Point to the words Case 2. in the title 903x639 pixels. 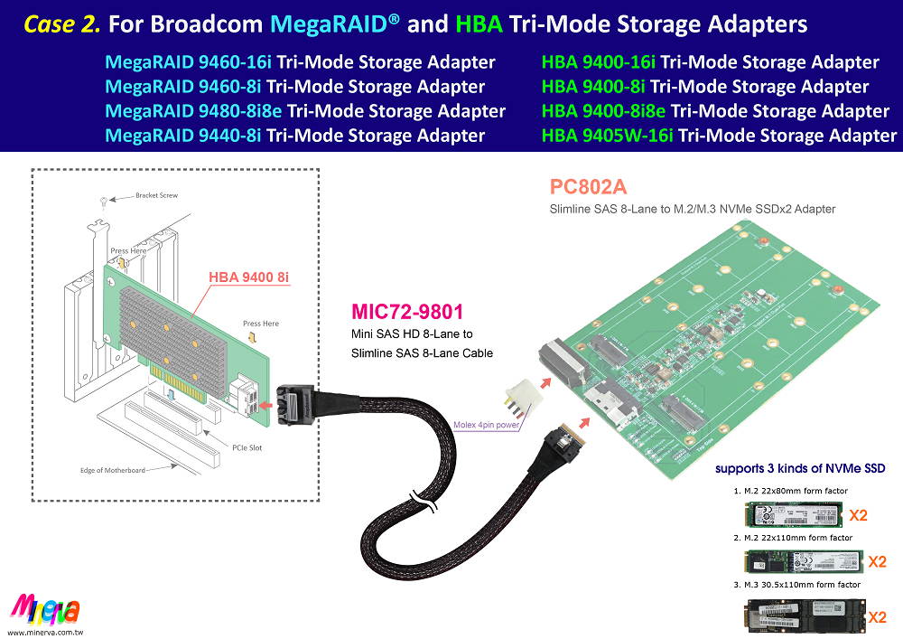[x=62, y=23]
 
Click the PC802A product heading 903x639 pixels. [x=588, y=188]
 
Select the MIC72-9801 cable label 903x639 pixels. [x=407, y=313]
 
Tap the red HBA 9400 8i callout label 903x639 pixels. [x=249, y=277]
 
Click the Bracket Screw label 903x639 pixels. [x=159, y=195]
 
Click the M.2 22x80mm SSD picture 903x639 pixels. [x=792, y=516]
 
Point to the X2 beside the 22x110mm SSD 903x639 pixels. [x=877, y=561]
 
